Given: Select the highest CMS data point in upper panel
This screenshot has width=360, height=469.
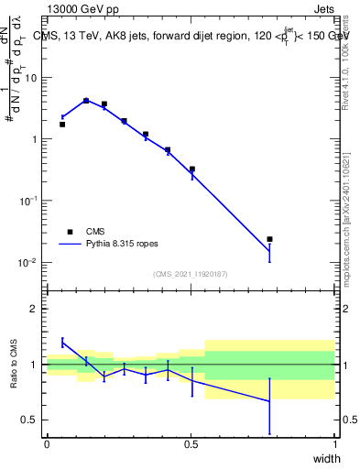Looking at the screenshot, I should tap(86, 101).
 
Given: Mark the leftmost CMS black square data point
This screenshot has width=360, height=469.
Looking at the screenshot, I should tap(62, 124).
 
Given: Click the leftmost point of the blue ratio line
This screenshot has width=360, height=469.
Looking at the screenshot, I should tap(62, 343).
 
